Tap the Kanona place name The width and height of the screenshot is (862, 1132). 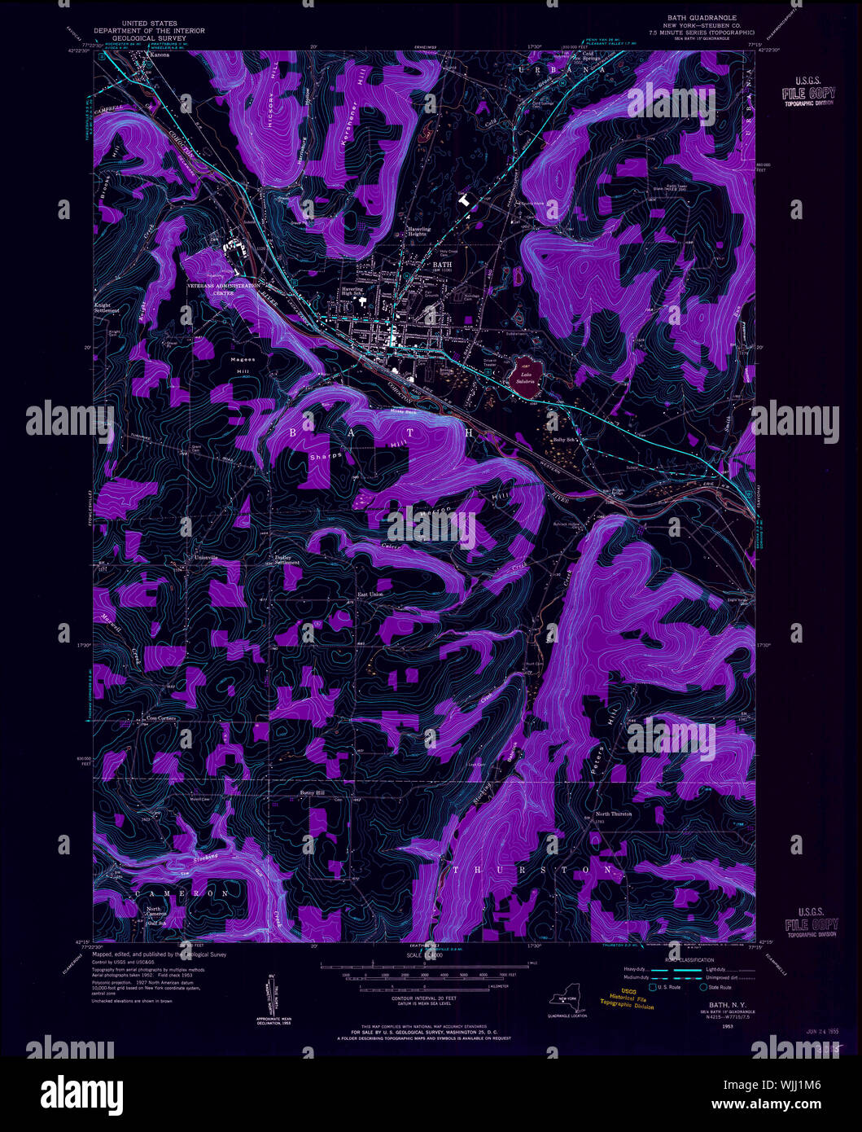coord(158,55)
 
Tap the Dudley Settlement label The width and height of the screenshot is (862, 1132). coord(287,560)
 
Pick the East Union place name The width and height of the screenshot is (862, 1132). coord(370,595)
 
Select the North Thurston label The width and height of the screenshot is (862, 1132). coord(614,814)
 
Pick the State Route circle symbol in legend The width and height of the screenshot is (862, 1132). coord(703,987)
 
